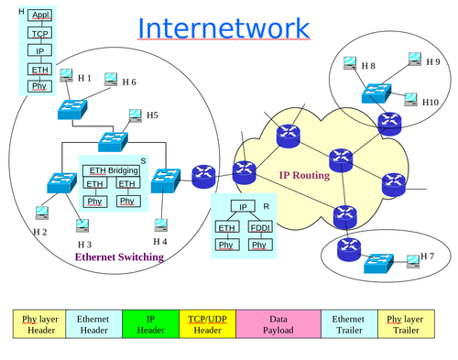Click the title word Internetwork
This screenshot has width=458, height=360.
(224, 27)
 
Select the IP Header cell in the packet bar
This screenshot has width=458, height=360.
(150, 323)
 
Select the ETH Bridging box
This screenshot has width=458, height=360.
(112, 170)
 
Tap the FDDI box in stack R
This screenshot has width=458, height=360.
(260, 226)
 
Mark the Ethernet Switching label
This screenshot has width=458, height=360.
(118, 257)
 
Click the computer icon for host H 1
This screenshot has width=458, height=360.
(67, 78)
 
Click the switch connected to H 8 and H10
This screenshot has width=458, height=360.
(375, 93)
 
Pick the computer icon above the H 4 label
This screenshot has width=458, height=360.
(162, 224)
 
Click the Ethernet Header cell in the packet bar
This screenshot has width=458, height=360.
(93, 323)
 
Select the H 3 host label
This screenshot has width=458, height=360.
(84, 245)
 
